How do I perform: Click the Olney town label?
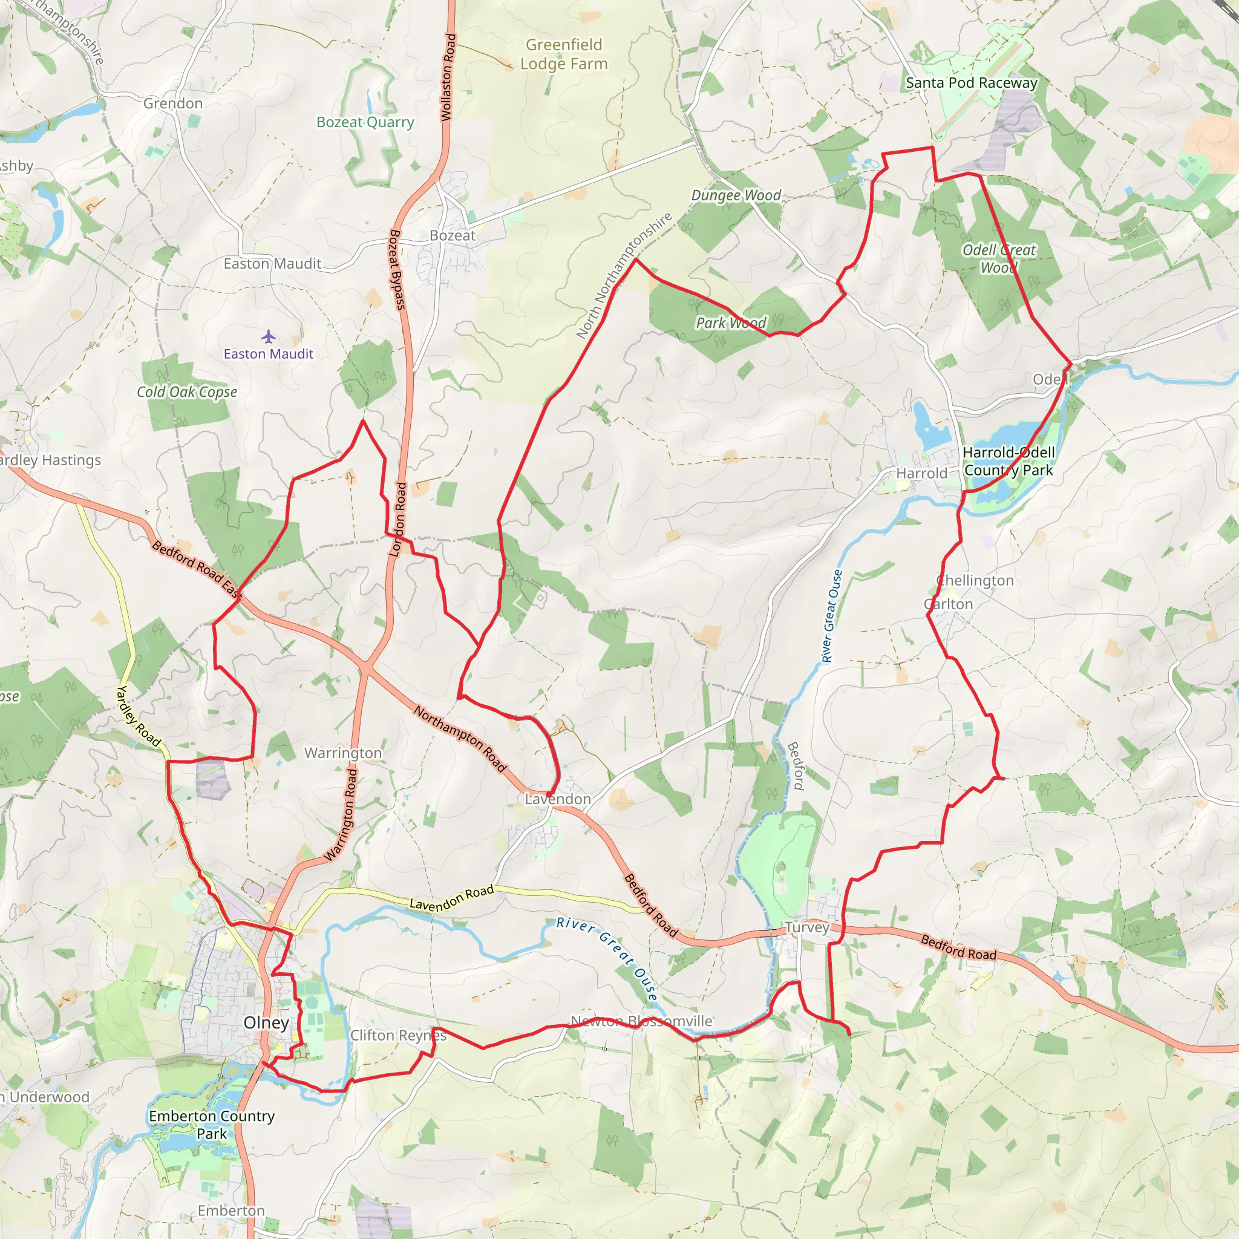266,1022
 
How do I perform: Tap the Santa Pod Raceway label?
971,83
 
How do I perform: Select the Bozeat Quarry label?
365,122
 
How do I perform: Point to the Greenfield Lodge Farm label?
564,54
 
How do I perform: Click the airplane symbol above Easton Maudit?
268,336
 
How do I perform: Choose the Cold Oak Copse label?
186,392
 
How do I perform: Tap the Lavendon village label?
558,799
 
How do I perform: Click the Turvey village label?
807,927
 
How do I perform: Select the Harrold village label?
921,473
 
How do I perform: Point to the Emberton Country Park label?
212,1124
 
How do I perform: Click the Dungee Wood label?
736,195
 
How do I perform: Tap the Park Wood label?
731,322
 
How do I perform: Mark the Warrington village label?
343,753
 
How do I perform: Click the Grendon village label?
172,103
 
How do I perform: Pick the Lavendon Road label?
451,898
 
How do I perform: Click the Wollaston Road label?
448,77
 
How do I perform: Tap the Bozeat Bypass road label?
398,269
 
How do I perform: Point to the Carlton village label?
949,604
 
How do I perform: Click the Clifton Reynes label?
398,1035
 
